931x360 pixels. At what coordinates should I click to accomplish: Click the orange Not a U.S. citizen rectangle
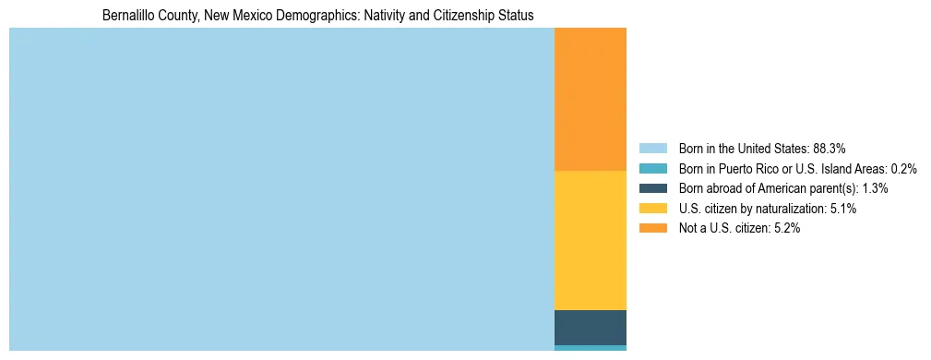[590, 99]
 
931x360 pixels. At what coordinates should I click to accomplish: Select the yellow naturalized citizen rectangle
[590, 240]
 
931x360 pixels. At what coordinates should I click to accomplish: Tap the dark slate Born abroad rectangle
[590, 327]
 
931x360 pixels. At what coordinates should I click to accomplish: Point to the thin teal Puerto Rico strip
[590, 348]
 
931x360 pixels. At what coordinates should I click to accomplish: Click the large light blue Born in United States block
[281, 189]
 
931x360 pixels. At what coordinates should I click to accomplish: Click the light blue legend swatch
[652, 148]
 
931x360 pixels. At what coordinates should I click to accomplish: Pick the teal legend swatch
[652, 168]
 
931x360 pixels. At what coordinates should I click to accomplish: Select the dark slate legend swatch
[652, 188]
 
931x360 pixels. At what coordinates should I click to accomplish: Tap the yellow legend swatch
[652, 209]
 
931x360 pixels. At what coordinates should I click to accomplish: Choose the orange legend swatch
[652, 229]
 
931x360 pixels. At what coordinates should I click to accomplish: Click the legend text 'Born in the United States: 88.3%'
[762, 148]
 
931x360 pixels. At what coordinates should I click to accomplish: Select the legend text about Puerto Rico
[797, 168]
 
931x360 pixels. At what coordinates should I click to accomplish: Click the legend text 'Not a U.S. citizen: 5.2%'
[739, 229]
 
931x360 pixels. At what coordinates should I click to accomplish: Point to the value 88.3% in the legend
[829, 148]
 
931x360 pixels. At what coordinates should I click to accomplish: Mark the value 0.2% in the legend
[903, 168]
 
